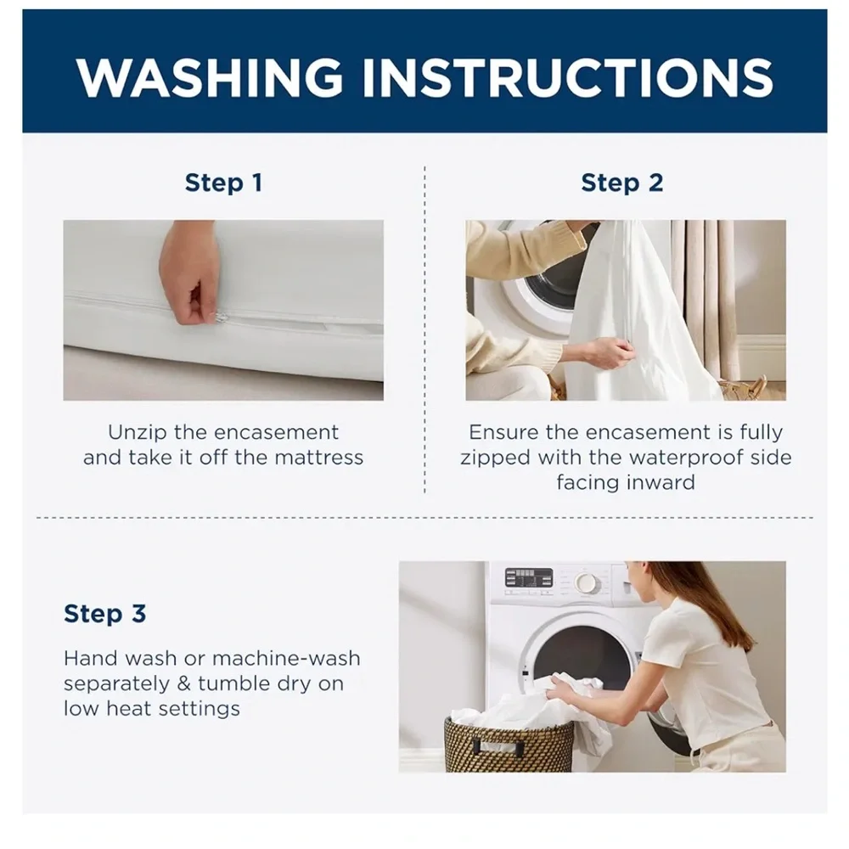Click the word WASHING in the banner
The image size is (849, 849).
point(210,77)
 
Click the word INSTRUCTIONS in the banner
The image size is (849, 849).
point(567,77)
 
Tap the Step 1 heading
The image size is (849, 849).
point(223,183)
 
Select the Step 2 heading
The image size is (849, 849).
point(622,183)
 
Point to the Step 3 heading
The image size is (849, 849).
point(105,614)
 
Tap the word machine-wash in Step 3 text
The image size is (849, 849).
point(286,659)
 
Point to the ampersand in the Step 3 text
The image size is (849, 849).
point(184,683)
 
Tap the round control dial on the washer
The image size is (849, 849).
point(586,583)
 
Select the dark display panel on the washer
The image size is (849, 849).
point(528,578)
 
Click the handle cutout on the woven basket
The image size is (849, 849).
point(500,748)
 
